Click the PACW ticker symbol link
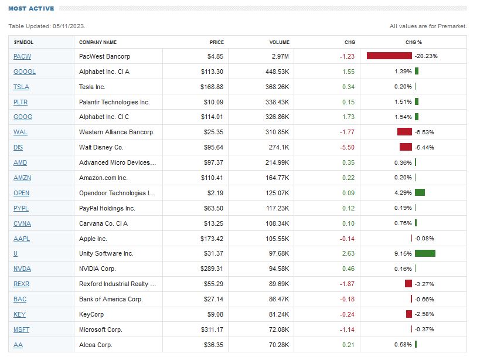point(22,56)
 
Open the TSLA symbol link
point(21,87)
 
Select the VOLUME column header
point(279,42)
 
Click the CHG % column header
point(413,42)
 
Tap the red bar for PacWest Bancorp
point(389,56)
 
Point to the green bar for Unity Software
point(425,253)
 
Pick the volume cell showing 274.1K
point(278,147)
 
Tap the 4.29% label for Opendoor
point(403,193)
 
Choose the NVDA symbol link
point(22,269)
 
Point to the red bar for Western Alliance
point(404,132)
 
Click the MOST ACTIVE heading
point(31,9)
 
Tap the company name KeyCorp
point(91,314)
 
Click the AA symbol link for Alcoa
point(18,345)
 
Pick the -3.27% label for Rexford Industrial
point(424,284)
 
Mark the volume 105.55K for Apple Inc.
point(277,238)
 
